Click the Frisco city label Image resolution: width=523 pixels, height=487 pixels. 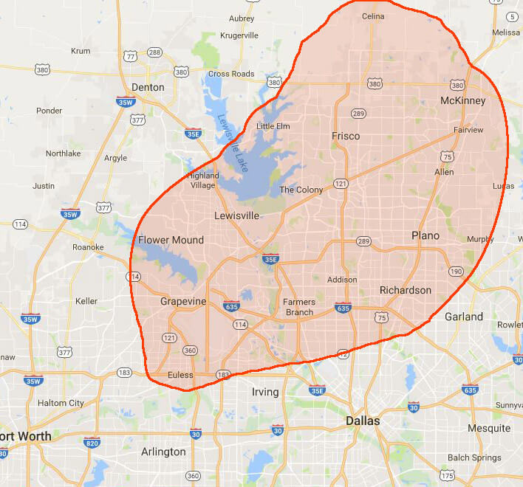click(346, 136)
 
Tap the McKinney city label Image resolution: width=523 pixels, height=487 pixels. click(462, 100)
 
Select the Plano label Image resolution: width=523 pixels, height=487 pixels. click(425, 235)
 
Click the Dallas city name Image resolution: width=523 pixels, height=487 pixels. click(363, 421)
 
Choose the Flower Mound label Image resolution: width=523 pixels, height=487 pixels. click(171, 240)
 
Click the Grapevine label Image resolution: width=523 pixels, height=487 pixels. click(182, 301)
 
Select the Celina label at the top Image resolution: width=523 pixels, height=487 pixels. click(372, 16)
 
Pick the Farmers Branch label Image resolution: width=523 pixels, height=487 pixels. click(299, 307)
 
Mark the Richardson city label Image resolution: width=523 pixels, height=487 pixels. click(405, 290)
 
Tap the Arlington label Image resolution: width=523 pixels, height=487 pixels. click(163, 452)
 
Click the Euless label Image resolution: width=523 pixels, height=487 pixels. click(180, 375)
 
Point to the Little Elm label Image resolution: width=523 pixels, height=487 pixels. click(274, 126)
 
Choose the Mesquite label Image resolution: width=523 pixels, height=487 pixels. click(488, 428)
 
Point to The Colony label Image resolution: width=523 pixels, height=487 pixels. click(301, 190)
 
